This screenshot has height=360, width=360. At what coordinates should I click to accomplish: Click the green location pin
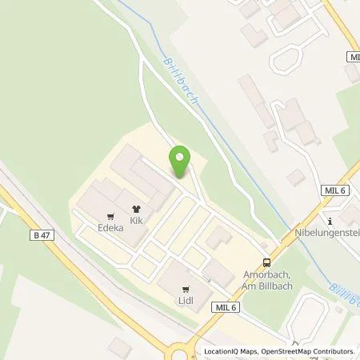click(x=181, y=161)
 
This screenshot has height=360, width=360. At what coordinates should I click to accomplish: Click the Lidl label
click(x=186, y=301)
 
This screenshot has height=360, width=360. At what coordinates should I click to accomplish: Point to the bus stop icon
click(x=267, y=262)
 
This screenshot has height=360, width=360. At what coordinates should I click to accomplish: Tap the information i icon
click(x=330, y=222)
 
